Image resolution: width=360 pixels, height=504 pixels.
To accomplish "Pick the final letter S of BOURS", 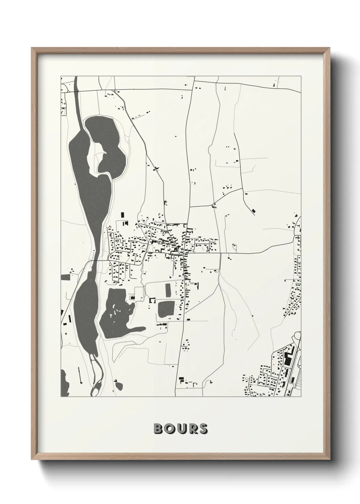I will pyautogui.click(x=203, y=429).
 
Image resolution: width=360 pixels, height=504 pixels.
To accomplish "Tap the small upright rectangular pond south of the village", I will pyautogui.click(x=168, y=290).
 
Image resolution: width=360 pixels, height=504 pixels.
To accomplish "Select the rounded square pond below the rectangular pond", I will pyautogui.click(x=166, y=309).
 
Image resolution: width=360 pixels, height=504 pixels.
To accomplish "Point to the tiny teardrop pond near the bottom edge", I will pyautogui.click(x=119, y=385).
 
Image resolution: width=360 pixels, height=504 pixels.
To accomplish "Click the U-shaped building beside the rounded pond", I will pyautogui.click(x=152, y=300).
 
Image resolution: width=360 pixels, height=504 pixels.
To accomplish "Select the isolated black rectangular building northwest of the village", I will pyautogui.click(x=122, y=215).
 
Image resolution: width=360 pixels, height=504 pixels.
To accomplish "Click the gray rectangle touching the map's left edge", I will pyautogui.click(x=65, y=277).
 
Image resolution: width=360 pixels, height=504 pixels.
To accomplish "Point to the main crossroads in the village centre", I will pyautogui.click(x=184, y=253).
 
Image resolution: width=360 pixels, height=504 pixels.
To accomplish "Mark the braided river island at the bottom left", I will pyautogui.click(x=96, y=378).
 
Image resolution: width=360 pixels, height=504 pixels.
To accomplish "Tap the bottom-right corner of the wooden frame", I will pyautogui.click(x=330, y=459).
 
